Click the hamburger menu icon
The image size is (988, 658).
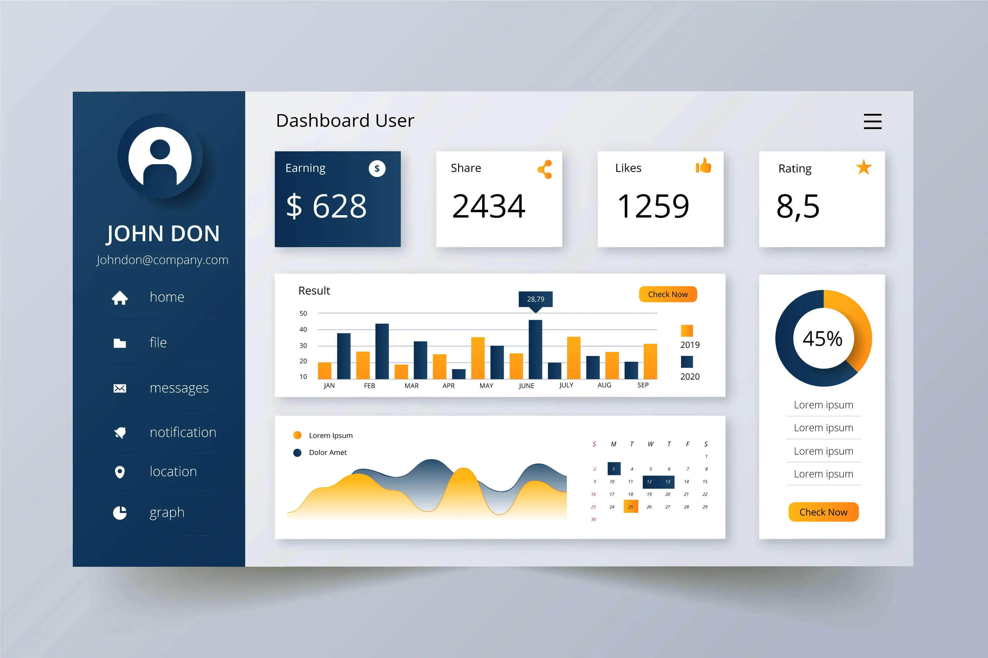pyautogui.click(x=872, y=121)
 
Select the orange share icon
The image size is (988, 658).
pyautogui.click(x=545, y=169)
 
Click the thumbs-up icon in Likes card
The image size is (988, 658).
pyautogui.click(x=703, y=166)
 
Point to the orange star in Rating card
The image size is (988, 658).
pyautogui.click(x=864, y=167)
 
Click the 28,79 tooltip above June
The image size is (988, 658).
pyautogui.click(x=535, y=299)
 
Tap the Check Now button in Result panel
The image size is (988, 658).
pyautogui.click(x=668, y=294)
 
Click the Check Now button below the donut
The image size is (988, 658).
pyautogui.click(x=823, y=512)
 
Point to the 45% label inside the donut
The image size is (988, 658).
pyautogui.click(x=822, y=339)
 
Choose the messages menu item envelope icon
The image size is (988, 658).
pyautogui.click(x=120, y=389)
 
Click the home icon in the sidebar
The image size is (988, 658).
pyautogui.click(x=120, y=298)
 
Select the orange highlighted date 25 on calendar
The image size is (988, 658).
pyautogui.click(x=631, y=507)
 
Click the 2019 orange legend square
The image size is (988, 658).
pyautogui.click(x=686, y=331)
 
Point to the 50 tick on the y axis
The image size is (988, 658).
pyautogui.click(x=303, y=314)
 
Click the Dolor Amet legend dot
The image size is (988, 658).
pyautogui.click(x=297, y=453)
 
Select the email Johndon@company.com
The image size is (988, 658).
pyautogui.click(x=162, y=260)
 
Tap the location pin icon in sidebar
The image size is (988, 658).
pyautogui.click(x=120, y=472)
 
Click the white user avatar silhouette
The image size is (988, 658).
pyautogui.click(x=160, y=157)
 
